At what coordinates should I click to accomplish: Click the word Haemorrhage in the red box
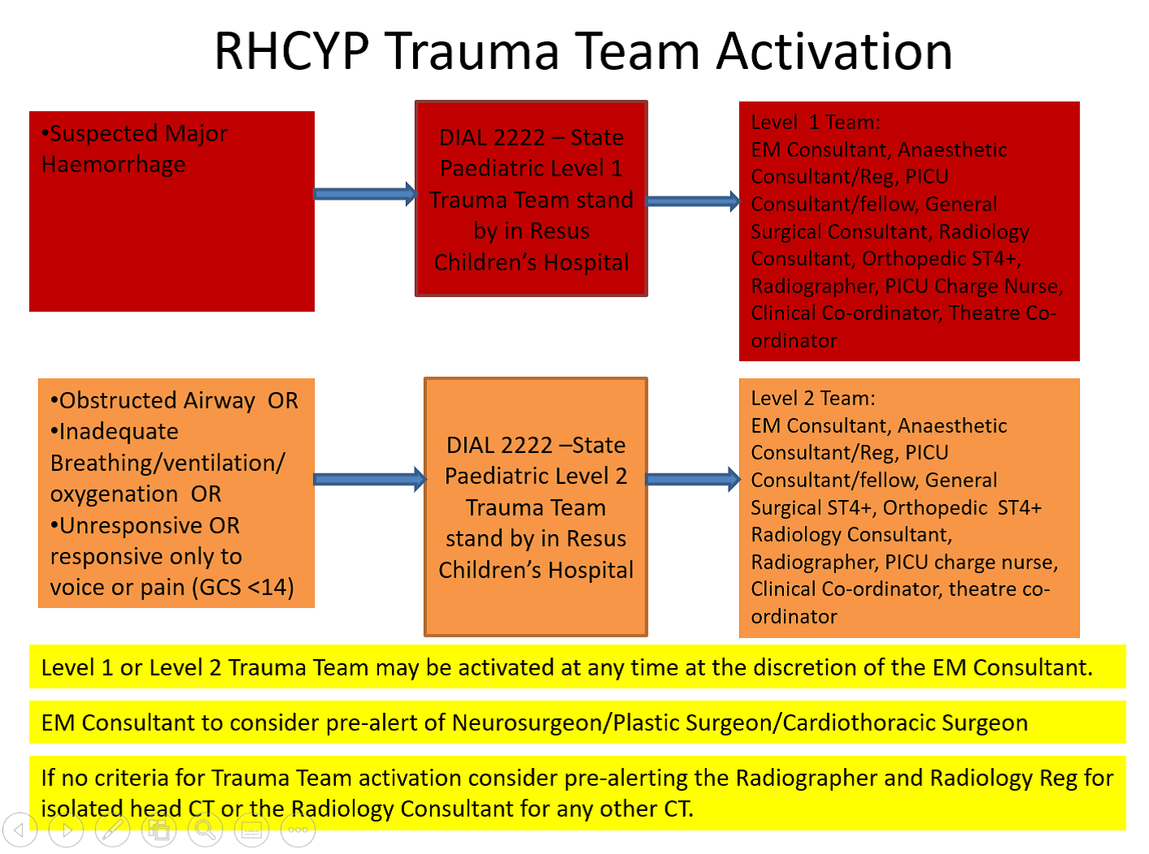tap(114, 165)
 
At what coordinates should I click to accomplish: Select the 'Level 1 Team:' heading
tap(815, 123)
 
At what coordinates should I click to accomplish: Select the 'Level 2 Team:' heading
tap(813, 399)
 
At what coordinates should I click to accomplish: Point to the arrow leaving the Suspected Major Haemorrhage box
tap(364, 194)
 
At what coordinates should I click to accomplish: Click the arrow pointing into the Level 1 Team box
tap(693, 201)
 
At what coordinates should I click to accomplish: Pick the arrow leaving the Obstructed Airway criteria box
tap(369, 480)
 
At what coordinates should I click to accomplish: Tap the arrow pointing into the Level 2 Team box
tap(693, 480)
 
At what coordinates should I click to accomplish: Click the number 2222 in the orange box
tap(526, 446)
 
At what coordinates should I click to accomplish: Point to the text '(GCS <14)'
tap(243, 587)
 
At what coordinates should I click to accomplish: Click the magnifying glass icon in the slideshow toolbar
tap(205, 830)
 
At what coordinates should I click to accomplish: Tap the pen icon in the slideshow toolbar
tap(113, 830)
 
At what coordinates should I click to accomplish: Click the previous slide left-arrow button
tap(20, 830)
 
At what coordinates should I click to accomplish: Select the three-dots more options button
tap(298, 830)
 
